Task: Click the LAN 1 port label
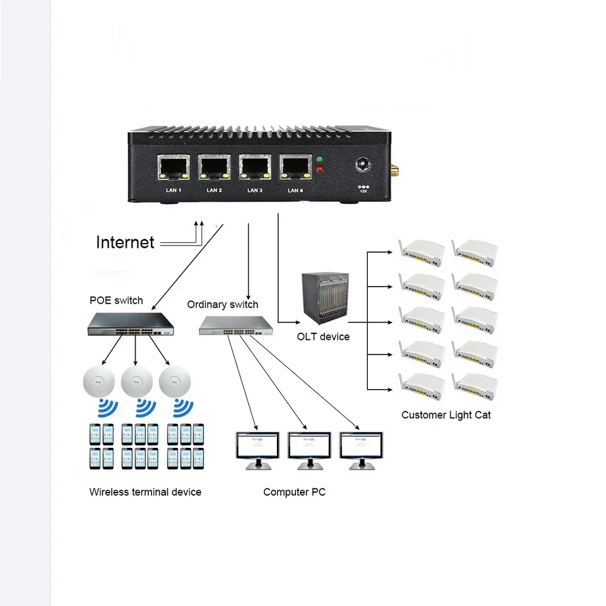174,190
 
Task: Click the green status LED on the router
319,160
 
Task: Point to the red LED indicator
319,169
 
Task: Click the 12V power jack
364,165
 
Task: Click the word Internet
125,242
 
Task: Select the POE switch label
116,300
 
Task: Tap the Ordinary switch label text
222,304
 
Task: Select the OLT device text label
323,336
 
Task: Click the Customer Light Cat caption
446,415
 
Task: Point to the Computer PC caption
294,492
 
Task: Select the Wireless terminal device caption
145,492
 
